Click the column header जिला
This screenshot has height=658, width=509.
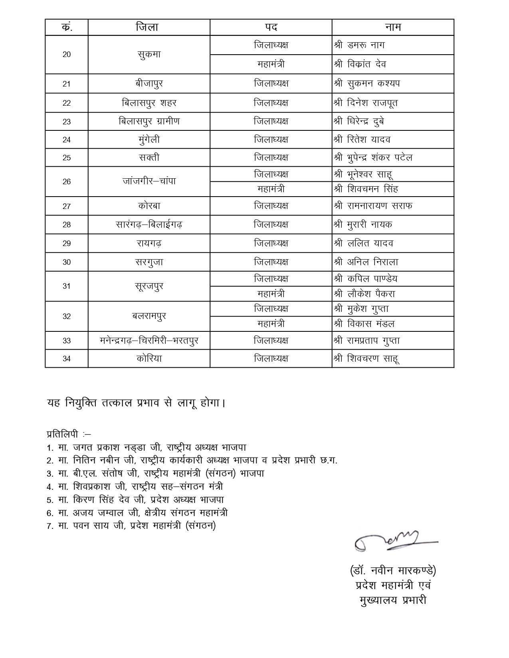pos(147,27)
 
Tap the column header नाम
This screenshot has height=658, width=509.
pos(393,27)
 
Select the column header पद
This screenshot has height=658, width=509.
pos(271,27)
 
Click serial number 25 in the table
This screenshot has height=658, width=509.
pos(67,158)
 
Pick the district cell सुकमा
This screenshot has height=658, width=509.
pos(149,55)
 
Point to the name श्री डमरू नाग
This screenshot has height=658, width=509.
pos(359,45)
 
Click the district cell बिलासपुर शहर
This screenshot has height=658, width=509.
pos(149,103)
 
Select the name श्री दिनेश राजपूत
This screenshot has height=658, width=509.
pos(366,103)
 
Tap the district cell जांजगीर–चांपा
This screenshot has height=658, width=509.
pos(149,181)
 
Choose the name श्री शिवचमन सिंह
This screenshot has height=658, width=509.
pos(366,189)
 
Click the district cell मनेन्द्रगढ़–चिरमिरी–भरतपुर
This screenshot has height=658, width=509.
pos(149,341)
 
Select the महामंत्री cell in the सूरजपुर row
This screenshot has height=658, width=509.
pos(271,294)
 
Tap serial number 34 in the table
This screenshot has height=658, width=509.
pos(67,359)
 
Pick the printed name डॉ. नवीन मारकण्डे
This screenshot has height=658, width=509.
pos(393,571)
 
